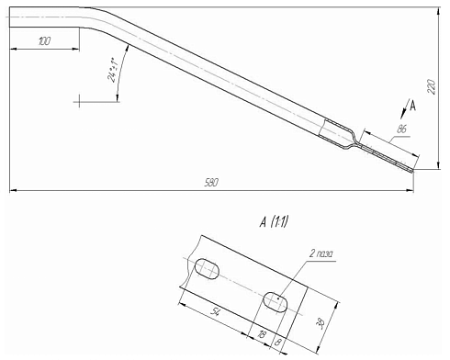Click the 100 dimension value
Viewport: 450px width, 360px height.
[45, 41]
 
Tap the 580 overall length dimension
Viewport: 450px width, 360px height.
[211, 183]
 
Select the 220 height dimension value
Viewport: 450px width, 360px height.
[431, 86]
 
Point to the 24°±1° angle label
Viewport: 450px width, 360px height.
[112, 70]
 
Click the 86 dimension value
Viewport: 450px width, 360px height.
[401, 129]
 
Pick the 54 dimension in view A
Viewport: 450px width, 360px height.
[217, 312]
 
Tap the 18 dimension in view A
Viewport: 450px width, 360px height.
[262, 334]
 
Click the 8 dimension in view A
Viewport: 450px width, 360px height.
[277, 342]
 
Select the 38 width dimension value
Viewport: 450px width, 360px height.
[321, 323]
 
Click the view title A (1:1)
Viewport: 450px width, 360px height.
[274, 221]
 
